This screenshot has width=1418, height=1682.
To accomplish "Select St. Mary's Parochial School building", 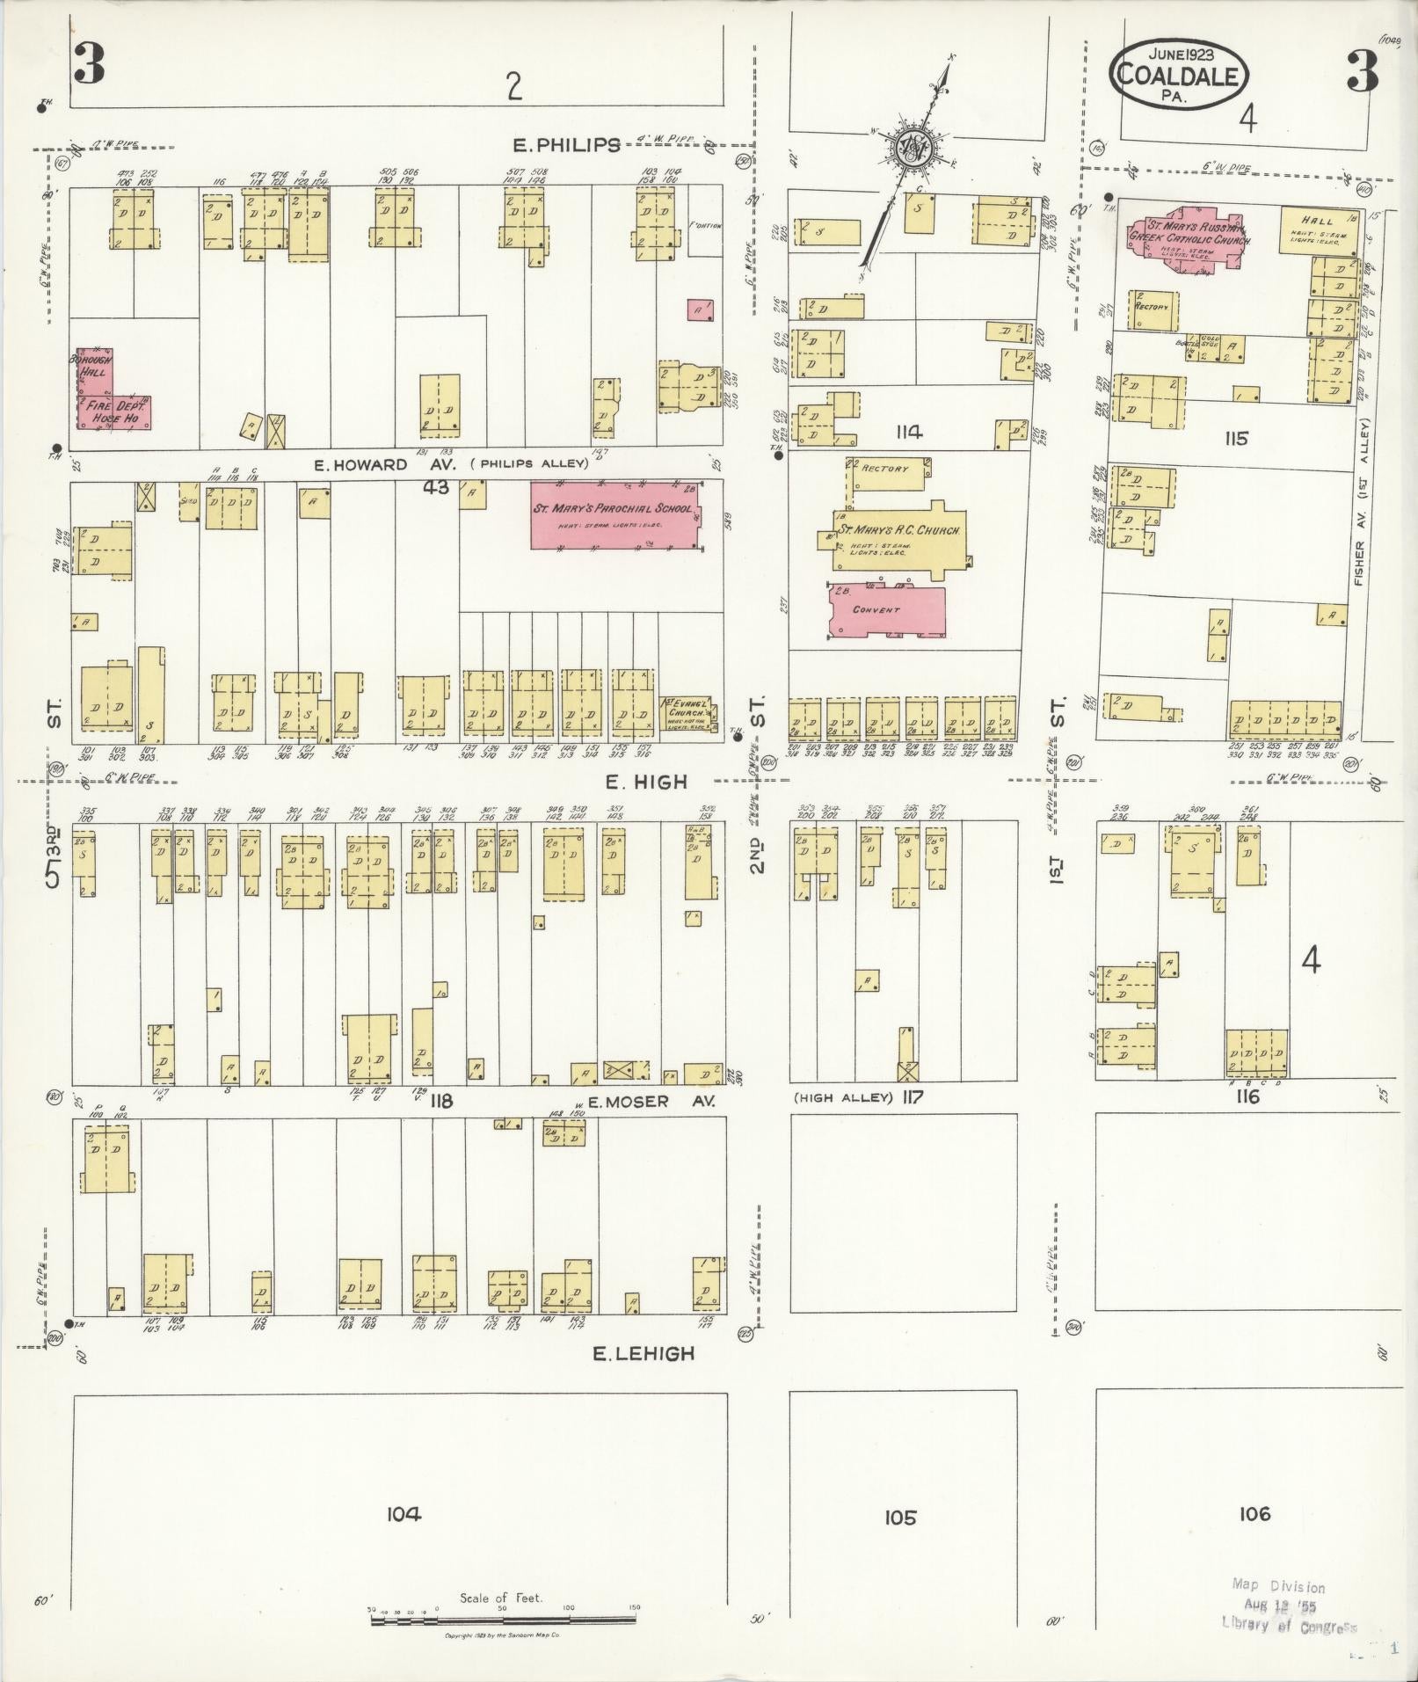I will pyautogui.click(x=614, y=514).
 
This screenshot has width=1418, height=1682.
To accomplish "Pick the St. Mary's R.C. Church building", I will pyautogui.click(x=895, y=538).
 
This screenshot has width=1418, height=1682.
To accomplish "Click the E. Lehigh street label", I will pyautogui.click(x=644, y=1355).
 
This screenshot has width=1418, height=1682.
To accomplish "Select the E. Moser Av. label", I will pyautogui.click(x=651, y=1101).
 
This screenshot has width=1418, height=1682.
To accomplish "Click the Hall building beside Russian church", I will pyautogui.click(x=1318, y=229).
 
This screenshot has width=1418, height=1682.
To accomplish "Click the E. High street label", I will pyautogui.click(x=646, y=782).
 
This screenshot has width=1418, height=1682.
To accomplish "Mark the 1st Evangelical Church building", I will pyautogui.click(x=688, y=713).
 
